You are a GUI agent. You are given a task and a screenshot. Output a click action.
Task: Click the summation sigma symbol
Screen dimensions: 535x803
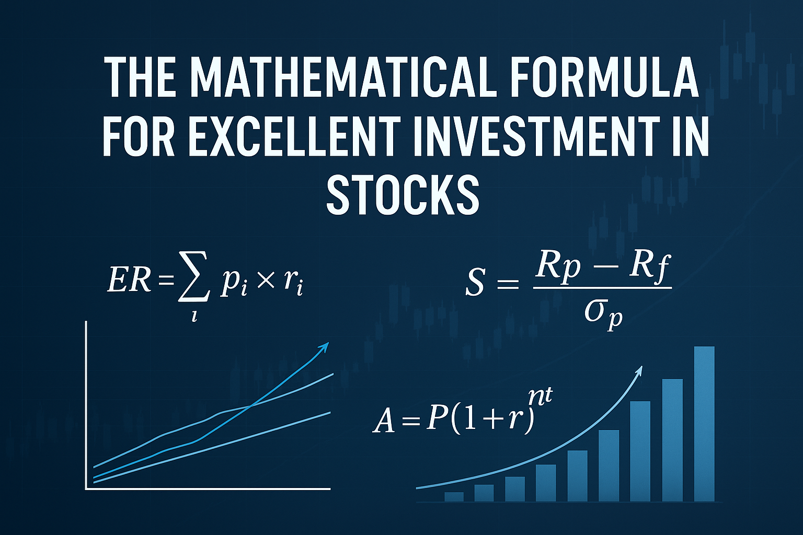coord(193,283)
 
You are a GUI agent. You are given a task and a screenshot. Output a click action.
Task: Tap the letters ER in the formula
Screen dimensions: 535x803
coord(129,281)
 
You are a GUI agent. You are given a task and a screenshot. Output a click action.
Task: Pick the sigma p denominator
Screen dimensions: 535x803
coord(603,313)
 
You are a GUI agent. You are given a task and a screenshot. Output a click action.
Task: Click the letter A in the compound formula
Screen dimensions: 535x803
coord(384,421)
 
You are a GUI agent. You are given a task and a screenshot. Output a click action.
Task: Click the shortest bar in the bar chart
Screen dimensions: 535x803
coord(454,496)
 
